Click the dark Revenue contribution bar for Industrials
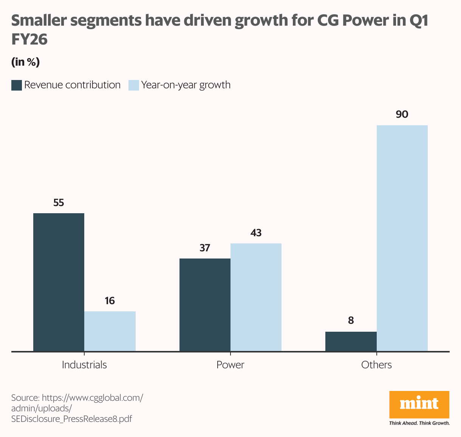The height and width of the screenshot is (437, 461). click(59, 282)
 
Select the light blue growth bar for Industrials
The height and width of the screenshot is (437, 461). click(110, 331)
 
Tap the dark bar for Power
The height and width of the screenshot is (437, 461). click(205, 305)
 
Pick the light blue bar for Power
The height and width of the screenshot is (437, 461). click(256, 297)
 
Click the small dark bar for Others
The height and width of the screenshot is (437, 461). click(351, 342)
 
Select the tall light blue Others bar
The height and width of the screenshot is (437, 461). click(402, 238)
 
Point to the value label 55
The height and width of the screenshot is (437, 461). click(59, 203)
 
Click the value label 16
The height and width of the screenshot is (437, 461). click(110, 301)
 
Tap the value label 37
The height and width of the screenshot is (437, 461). click(205, 248)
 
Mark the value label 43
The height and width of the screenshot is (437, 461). click(256, 233)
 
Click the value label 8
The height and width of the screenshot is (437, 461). click(351, 321)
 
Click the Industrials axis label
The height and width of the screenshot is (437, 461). click(84, 365)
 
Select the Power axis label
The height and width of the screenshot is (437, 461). click(230, 365)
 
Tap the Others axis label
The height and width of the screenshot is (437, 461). click(376, 365)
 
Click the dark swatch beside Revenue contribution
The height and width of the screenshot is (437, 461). click(17, 85)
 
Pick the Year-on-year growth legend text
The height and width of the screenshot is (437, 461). click(186, 85)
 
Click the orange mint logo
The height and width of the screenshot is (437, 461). click(419, 405)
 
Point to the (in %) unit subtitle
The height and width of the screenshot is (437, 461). click(25, 62)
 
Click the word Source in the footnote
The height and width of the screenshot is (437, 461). click(25, 398)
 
